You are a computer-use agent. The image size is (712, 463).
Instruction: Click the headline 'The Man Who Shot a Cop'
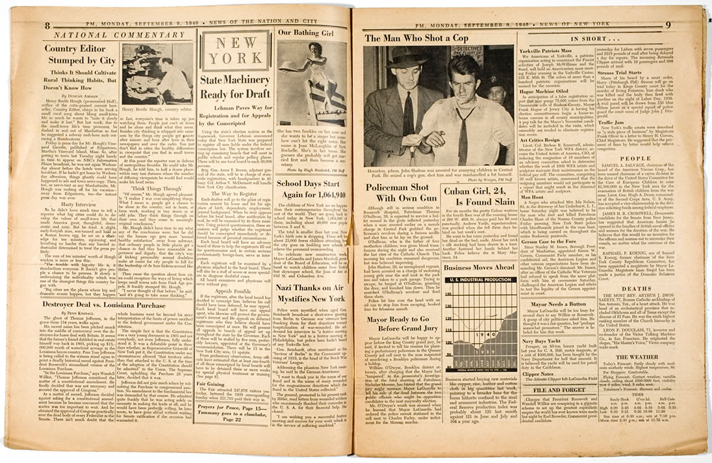pyautogui.click(x=416, y=38)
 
